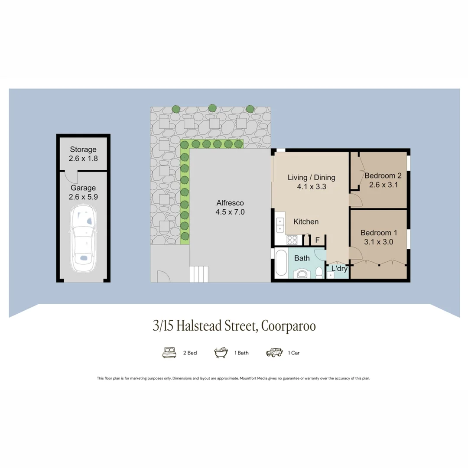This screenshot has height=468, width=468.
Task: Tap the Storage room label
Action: [x=83, y=154]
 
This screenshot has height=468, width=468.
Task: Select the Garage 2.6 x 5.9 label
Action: [x=83, y=192]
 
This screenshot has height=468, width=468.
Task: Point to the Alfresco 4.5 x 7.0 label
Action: [x=230, y=207]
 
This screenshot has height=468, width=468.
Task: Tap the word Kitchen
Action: [x=306, y=221]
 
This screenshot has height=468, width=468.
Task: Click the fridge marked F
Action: [x=317, y=240]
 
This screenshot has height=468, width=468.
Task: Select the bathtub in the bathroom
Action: [x=281, y=263]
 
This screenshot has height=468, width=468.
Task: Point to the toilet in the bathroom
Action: [x=318, y=273]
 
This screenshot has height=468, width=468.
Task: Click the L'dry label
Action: [x=339, y=269]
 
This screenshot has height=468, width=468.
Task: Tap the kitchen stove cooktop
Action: [x=291, y=239]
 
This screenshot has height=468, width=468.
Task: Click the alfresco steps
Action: [x=199, y=274]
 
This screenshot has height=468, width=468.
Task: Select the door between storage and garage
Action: [x=70, y=176]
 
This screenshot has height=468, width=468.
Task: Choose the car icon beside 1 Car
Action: [x=275, y=352]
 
